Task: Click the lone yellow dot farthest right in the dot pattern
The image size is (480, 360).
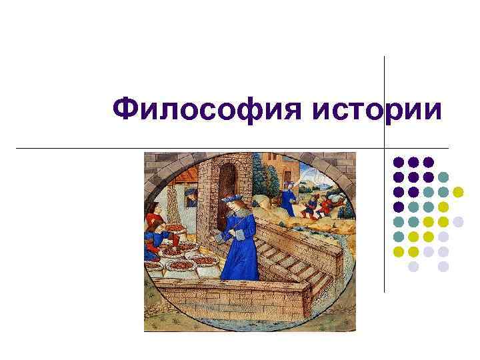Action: point(458,192)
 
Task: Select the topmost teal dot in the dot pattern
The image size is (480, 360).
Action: point(443,177)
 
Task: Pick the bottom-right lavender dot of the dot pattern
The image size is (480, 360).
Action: point(443,267)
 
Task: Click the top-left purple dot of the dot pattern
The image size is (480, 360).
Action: point(398,162)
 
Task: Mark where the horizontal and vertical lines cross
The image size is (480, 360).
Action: point(385,147)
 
